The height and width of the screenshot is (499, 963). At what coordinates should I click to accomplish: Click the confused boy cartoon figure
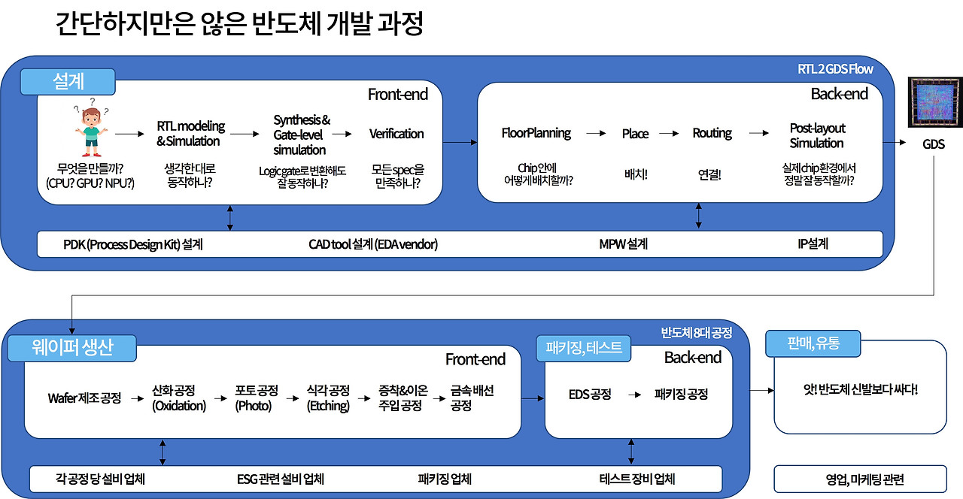(x=90, y=129)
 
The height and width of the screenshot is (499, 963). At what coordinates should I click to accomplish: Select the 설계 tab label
(x=68, y=81)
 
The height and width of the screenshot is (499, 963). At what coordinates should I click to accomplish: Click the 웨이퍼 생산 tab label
(x=72, y=348)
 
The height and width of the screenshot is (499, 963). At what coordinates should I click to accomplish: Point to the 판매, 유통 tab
(x=813, y=344)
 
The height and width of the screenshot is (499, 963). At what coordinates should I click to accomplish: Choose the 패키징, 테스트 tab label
(x=584, y=347)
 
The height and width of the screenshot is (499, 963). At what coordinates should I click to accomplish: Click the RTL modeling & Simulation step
(x=190, y=133)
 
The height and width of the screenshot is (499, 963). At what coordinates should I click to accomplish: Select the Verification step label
(x=396, y=134)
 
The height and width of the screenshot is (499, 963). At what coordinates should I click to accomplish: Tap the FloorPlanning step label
(x=536, y=133)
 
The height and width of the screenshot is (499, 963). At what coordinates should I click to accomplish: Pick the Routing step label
(x=712, y=133)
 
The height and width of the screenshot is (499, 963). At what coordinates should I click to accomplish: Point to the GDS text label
(x=934, y=144)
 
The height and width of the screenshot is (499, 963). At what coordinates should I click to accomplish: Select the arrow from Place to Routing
(x=670, y=134)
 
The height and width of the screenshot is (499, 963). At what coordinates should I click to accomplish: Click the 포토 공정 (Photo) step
(x=257, y=398)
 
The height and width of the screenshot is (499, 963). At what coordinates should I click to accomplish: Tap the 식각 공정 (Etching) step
(x=328, y=398)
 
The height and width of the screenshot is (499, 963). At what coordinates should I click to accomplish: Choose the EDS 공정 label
(x=590, y=394)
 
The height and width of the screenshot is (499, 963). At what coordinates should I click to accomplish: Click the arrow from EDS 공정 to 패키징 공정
(x=634, y=394)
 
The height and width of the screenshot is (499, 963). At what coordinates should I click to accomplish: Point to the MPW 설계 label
(x=623, y=244)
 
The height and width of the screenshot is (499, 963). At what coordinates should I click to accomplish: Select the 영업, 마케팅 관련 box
(x=859, y=479)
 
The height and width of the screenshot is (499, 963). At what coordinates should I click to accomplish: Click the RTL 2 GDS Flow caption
(x=835, y=69)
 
